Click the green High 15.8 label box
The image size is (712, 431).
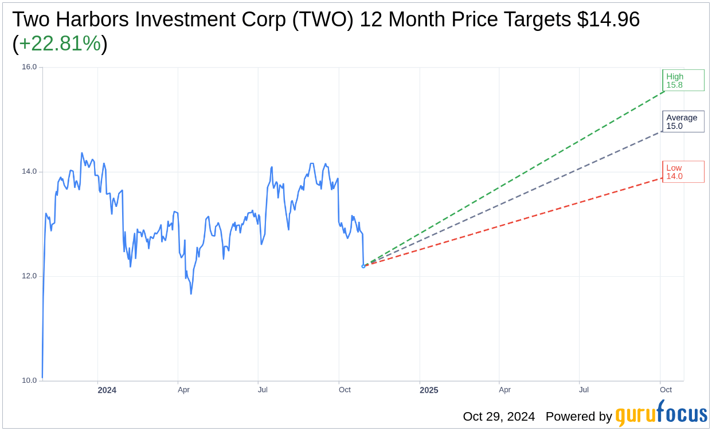pos(683,80)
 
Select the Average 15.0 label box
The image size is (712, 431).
pos(683,122)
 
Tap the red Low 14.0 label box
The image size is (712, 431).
pos(683,172)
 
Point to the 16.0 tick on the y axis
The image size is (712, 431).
pos(29,67)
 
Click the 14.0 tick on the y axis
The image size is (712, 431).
pos(29,171)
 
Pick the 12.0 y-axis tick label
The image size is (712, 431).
pos(29,276)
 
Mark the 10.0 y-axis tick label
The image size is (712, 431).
pos(29,381)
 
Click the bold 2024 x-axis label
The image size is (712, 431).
pos(107,390)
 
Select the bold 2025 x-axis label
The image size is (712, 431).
pos(428,390)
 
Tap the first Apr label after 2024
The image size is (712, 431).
pos(183,390)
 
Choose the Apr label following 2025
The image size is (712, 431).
pos(504,390)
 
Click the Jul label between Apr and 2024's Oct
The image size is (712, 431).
pos(263,390)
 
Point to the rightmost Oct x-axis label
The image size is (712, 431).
pos(666,390)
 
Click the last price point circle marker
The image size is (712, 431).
pos(363,266)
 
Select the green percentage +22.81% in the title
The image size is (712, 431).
pos(60,44)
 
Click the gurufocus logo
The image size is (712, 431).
pos(661,414)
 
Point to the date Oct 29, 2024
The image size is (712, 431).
pos(499,417)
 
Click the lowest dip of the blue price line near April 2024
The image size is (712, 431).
pos(191,293)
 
